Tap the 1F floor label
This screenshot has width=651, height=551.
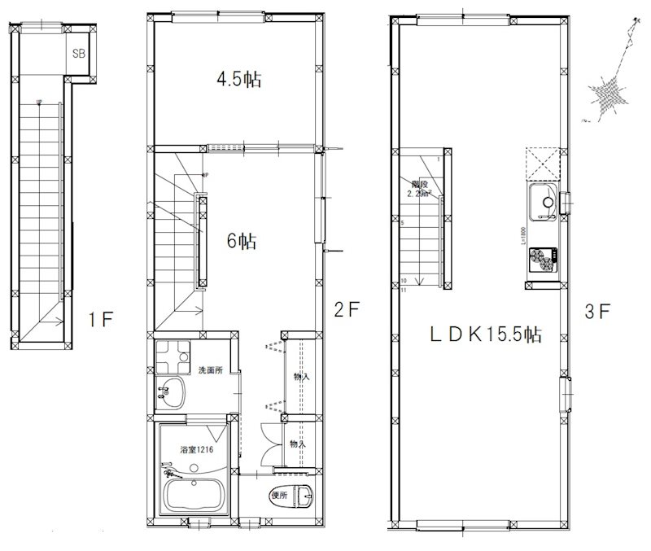103,319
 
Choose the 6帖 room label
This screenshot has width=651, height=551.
242,241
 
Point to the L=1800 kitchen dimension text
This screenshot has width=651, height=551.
520,235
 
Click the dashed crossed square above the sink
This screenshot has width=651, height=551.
541,163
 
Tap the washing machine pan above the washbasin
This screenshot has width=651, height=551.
172,356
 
